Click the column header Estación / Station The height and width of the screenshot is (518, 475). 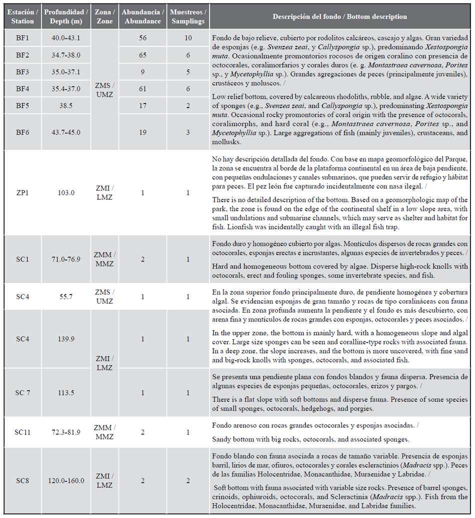pyautogui.click(x=22, y=16)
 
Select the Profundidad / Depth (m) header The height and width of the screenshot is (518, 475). pyautogui.click(x=65, y=16)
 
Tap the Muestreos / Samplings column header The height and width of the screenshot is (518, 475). pyautogui.click(x=187, y=16)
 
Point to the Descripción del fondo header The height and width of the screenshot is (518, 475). pyautogui.click(x=339, y=16)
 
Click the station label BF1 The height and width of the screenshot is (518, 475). pyautogui.click(x=22, y=37)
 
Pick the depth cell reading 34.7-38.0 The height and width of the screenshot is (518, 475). pyautogui.click(x=65, y=55)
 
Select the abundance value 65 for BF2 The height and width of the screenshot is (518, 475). pyautogui.click(x=142, y=55)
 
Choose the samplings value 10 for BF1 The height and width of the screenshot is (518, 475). pyautogui.click(x=187, y=37)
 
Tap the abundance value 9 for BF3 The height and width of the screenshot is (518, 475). pyautogui.click(x=142, y=72)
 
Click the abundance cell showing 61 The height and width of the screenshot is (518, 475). pyautogui.click(x=142, y=89)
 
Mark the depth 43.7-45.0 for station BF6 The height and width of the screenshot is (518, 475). pyautogui.click(x=65, y=132)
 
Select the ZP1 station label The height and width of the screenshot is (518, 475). pyautogui.click(x=22, y=192)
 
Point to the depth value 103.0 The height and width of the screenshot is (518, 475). pyautogui.click(x=65, y=192)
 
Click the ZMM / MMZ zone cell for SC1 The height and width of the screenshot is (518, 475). pyautogui.click(x=104, y=259)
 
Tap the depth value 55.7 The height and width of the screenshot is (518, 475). pyautogui.click(x=65, y=296)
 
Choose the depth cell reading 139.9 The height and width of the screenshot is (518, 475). pyautogui.click(x=65, y=339)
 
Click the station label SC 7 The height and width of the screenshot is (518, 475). pyautogui.click(x=22, y=392)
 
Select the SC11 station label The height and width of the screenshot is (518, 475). pyautogui.click(x=22, y=431)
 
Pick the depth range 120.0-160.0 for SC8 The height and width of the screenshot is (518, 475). pyautogui.click(x=65, y=481)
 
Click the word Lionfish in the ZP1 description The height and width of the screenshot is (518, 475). pyautogui.click(x=224, y=225)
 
